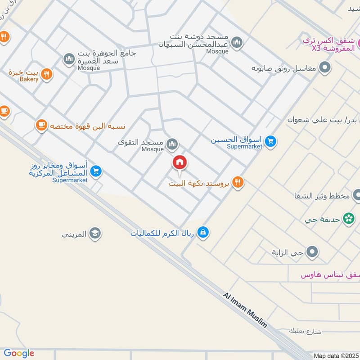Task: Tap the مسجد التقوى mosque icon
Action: pos(172,144)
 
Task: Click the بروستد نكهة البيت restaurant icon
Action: pos(238,182)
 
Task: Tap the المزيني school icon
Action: pos(95,233)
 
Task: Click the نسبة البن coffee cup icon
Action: pos(41,126)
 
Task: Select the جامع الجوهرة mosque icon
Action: pos(69,59)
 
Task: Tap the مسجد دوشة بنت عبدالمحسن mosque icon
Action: pos(237,43)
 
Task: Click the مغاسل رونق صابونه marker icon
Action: pos(324,68)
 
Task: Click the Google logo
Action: pos(19,353)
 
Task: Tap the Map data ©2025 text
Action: pos(335,355)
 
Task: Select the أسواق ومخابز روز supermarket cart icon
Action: pos(95,171)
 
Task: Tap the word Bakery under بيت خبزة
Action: pos(29,80)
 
